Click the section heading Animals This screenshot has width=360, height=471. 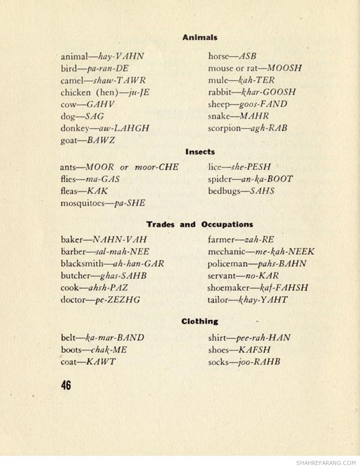[200, 37]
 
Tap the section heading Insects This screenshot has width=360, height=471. [200, 151]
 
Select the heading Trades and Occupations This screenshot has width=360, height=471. [199, 224]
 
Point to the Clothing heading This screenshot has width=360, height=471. [200, 321]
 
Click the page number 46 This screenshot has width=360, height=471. [66, 385]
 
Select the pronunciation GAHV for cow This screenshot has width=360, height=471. [101, 104]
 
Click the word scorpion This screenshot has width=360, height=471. [224, 129]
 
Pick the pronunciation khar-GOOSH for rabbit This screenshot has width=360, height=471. [268, 92]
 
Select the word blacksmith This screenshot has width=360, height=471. [82, 264]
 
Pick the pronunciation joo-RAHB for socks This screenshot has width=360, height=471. [259, 362]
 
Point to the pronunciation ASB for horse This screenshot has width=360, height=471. [248, 56]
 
